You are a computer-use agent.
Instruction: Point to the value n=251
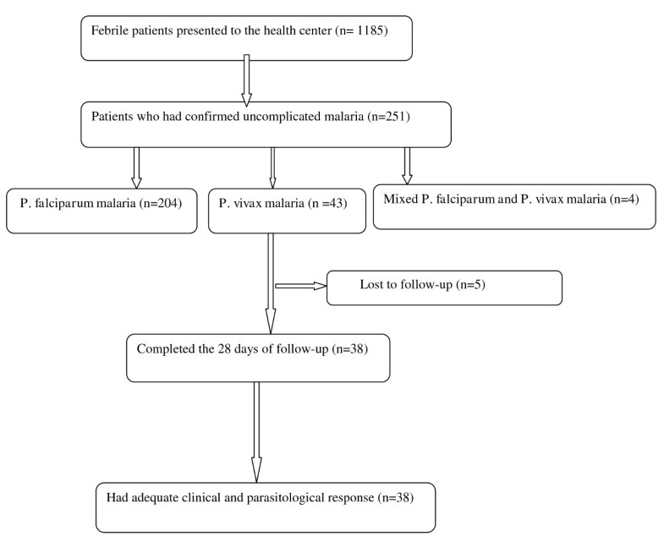pyautogui.click(x=389, y=117)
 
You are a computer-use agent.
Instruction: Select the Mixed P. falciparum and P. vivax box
pyautogui.click(x=514, y=206)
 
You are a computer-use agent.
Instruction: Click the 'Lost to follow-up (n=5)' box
pyautogui.click(x=444, y=287)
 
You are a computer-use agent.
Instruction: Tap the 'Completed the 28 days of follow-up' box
pyautogui.click(x=258, y=357)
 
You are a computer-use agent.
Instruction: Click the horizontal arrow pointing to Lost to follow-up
pyautogui.click(x=302, y=286)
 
